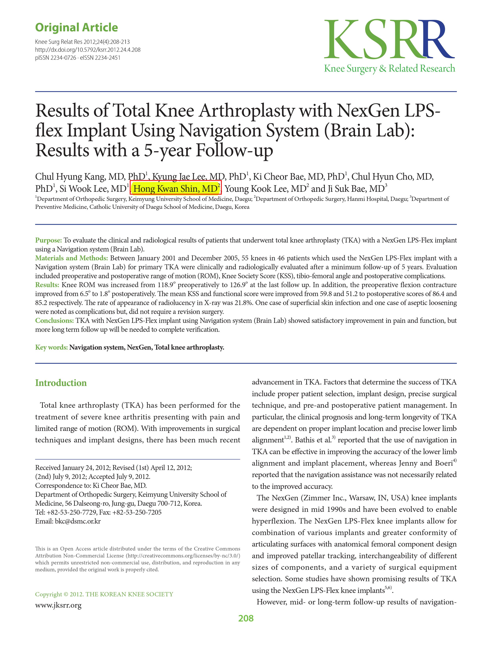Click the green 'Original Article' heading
pyautogui.click(x=77, y=28)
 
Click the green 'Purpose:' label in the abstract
pyautogui.click(x=48, y=240)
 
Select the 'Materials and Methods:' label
pyautogui.click(x=71, y=258)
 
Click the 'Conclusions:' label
pyautogui.click(x=54, y=321)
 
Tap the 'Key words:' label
pyautogui.click(x=51, y=347)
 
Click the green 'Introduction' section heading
pyautogui.click(x=61, y=383)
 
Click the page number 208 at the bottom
pyautogui.click(x=246, y=618)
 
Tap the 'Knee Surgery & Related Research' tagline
pyautogui.click(x=389, y=68)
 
